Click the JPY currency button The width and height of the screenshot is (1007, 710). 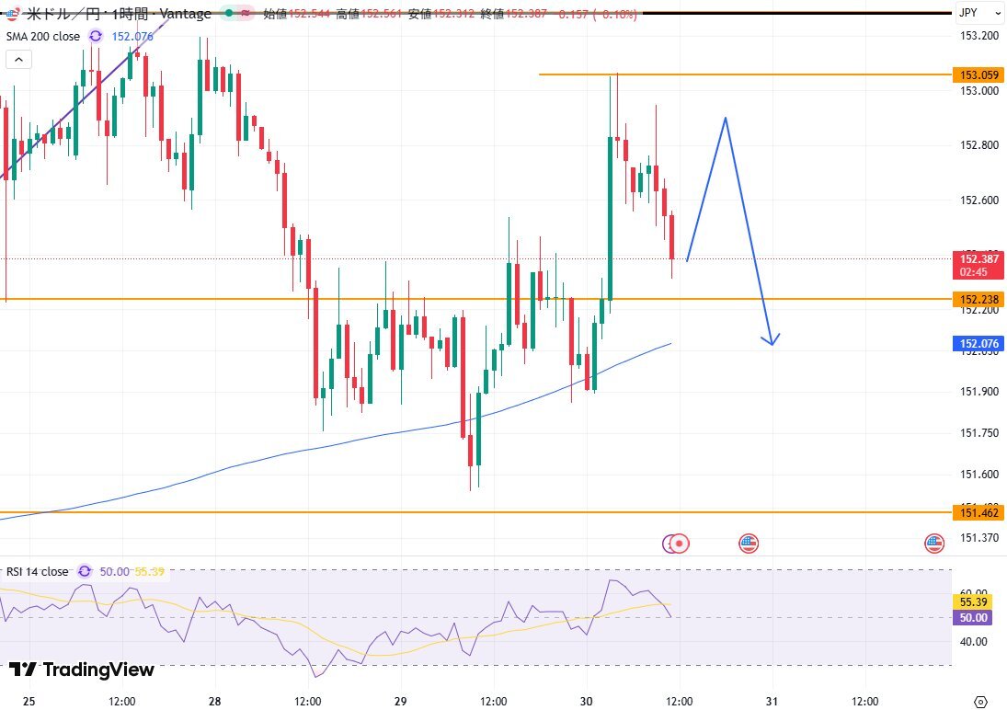(967, 13)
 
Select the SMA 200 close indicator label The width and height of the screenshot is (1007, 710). (42, 36)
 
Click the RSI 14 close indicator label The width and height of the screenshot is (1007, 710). (37, 571)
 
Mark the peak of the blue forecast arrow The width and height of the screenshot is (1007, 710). (727, 118)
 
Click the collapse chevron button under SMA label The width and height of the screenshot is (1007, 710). (18, 60)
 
